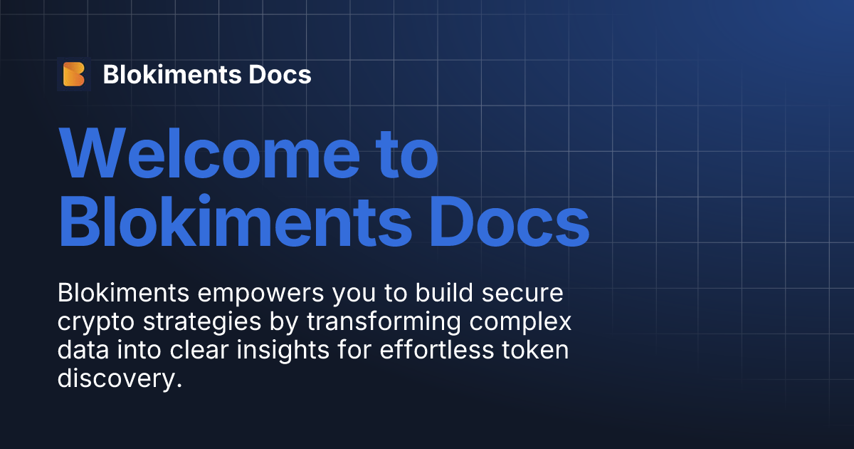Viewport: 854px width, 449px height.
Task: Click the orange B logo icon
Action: click(74, 74)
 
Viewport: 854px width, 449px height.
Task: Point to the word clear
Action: click(200, 351)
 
